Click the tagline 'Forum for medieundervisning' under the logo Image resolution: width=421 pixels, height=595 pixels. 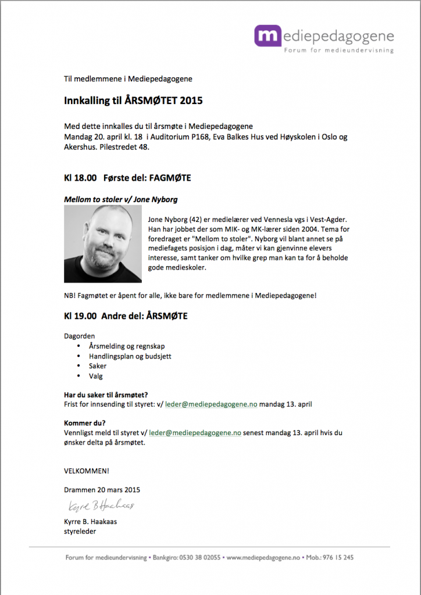(338, 51)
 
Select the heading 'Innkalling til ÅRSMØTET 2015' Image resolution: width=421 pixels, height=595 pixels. (133, 101)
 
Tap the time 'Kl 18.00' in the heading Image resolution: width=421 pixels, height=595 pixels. (80, 178)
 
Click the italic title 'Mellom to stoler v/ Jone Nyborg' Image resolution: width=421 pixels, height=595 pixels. (120, 199)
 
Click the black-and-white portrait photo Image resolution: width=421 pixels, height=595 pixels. (102, 244)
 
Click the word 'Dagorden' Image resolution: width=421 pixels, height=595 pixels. (79, 336)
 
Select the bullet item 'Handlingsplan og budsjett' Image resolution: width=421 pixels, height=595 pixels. (130, 356)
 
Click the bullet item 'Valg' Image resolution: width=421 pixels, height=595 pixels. (96, 377)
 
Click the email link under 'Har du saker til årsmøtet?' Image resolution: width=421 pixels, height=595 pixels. (203, 403)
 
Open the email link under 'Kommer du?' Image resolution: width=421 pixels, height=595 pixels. (195, 433)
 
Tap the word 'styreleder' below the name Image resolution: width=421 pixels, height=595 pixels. (80, 531)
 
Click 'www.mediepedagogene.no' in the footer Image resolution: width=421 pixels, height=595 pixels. (262, 557)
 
